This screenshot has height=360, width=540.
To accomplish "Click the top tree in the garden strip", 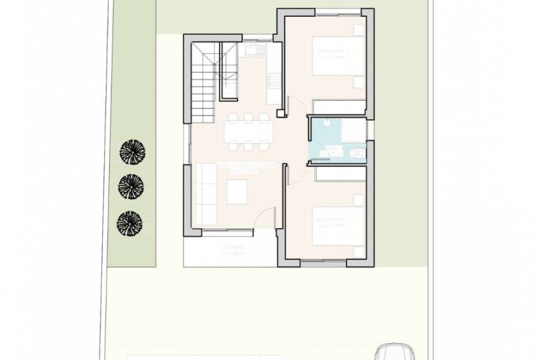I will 132,151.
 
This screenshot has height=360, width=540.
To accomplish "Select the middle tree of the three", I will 131,187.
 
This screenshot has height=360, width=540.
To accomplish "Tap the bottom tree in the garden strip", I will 130,223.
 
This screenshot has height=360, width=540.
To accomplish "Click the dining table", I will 248,130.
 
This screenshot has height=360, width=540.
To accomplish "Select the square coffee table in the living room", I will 236,192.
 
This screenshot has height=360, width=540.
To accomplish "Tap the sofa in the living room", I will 205,192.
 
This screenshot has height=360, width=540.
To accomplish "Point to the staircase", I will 204,81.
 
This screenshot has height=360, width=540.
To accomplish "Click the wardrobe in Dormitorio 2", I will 339,107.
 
